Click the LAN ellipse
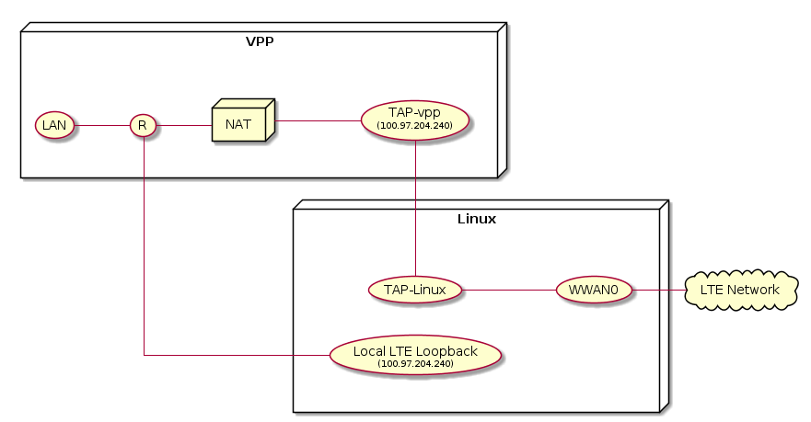click(x=54, y=124)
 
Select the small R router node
click(x=143, y=124)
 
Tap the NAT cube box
click(x=239, y=123)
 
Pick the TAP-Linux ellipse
click(x=415, y=290)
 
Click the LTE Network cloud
click(x=739, y=290)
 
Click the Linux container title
click(x=476, y=219)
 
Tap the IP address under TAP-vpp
click(x=415, y=125)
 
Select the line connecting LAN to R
click(x=101, y=124)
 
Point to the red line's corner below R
click(x=144, y=354)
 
